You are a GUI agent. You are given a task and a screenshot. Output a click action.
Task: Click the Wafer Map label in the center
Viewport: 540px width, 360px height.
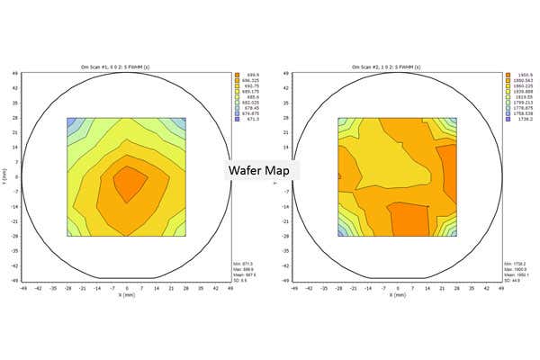(x=261, y=169)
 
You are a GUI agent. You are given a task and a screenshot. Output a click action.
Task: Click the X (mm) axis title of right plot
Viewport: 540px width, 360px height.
(x=397, y=294)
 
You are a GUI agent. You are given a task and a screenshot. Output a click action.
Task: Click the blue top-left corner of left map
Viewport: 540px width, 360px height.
(x=73, y=124)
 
